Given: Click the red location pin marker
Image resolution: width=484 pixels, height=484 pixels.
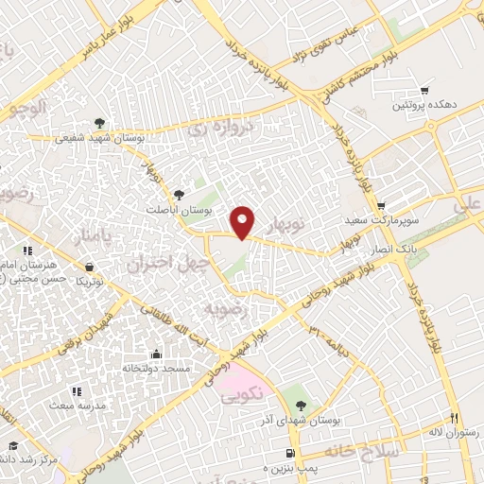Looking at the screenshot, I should tap(243, 222).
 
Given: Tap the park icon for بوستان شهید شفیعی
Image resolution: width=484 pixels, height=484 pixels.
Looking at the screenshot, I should tap(100, 122).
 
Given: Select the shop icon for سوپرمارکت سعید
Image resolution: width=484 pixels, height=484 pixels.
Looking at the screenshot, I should tap(380, 206).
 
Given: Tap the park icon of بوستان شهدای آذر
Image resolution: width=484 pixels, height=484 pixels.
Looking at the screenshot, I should tap(301, 392).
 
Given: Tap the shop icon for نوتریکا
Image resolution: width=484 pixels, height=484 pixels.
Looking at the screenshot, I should tap(89, 268).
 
